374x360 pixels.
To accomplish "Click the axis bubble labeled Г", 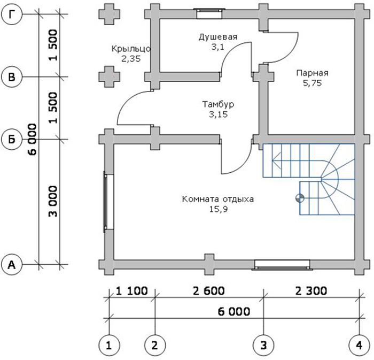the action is (x=12, y=14).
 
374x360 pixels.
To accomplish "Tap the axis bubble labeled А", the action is (x=12, y=264).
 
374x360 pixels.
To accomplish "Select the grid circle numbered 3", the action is (x=263, y=345).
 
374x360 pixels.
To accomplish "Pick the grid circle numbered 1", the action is (x=109, y=345).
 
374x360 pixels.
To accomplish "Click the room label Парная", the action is (x=312, y=73).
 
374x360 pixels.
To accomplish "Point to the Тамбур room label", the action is (x=218, y=104).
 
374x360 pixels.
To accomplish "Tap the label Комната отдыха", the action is (x=218, y=199).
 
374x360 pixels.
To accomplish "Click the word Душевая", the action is (x=218, y=37).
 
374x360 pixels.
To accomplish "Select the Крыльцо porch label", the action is (x=131, y=49).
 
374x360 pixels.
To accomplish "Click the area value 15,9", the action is (x=219, y=209).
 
